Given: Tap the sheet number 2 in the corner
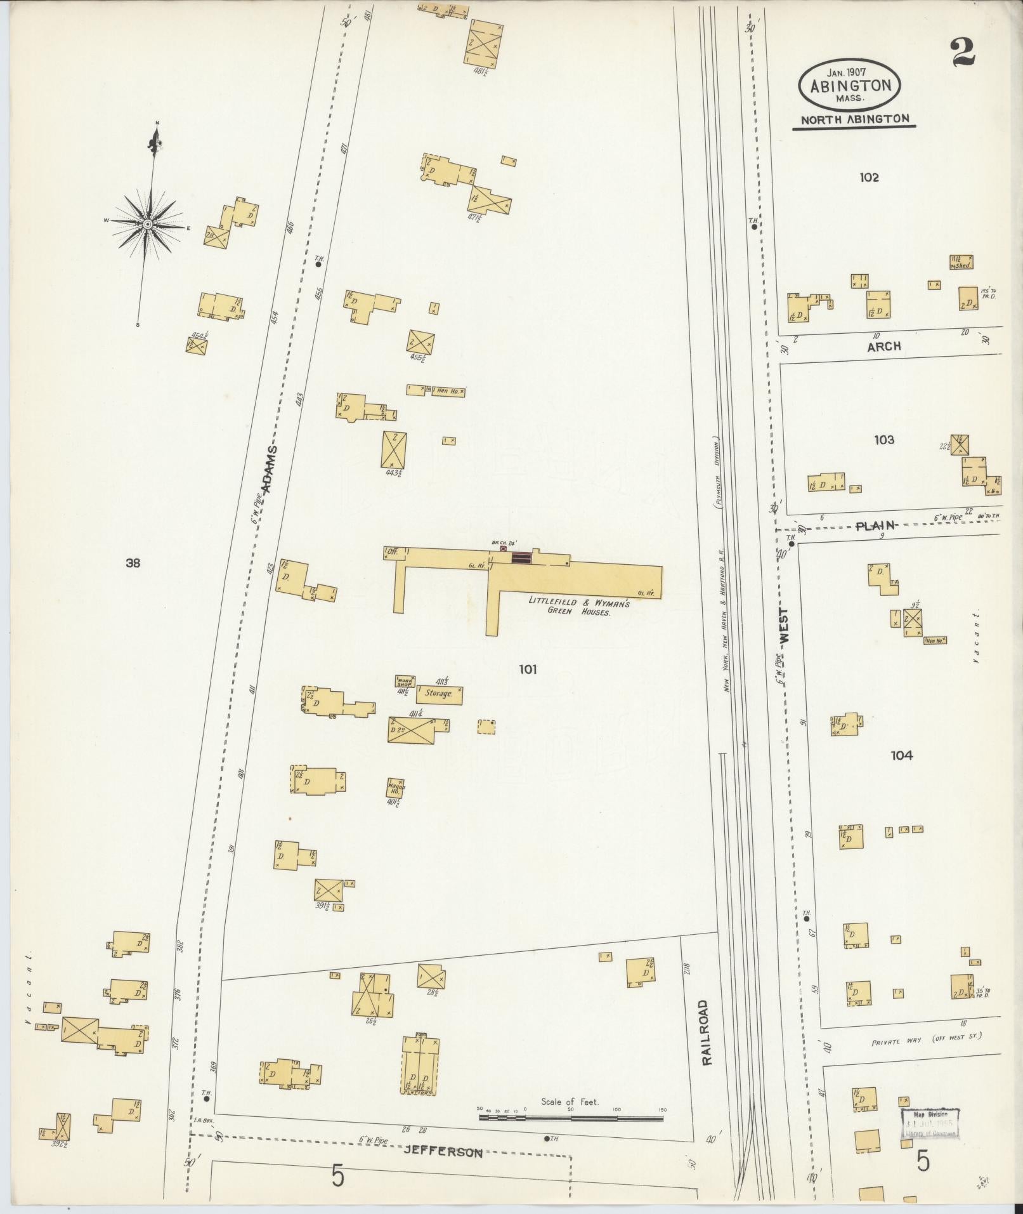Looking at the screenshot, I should coord(963,53).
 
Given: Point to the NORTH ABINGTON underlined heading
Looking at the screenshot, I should coord(854,119).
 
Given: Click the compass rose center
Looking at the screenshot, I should coord(147,224).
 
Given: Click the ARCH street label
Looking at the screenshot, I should coord(883,347).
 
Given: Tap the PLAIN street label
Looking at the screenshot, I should coord(875,525).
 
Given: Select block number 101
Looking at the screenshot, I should coord(528,669).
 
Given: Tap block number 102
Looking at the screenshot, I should coord(869,178).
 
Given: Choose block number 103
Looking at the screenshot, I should coord(883,440).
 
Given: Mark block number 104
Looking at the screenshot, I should coord(901,756).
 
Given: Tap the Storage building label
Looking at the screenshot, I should coord(438,694).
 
